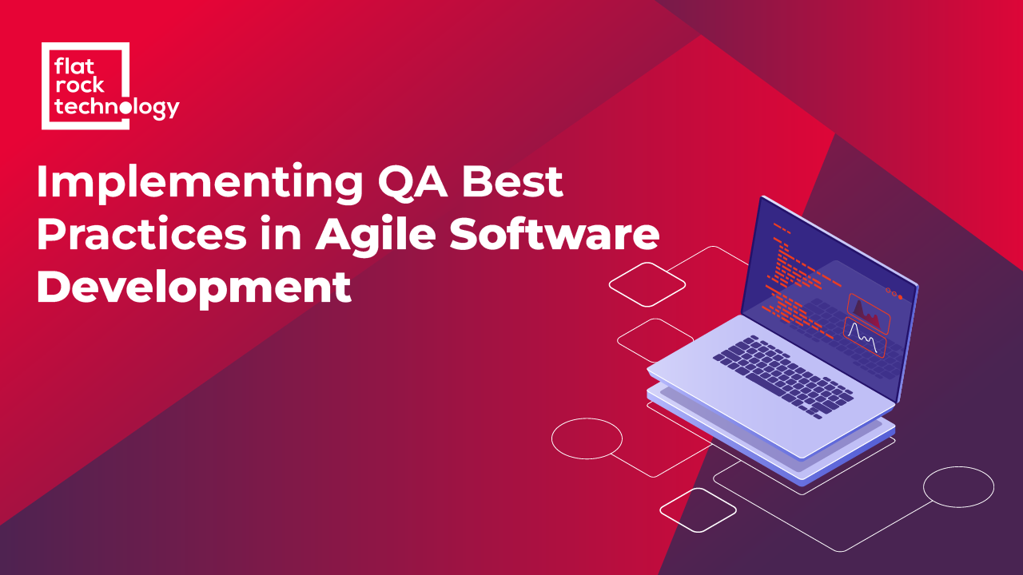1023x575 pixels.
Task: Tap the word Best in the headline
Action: click(523, 183)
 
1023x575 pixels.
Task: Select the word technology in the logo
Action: click(116, 106)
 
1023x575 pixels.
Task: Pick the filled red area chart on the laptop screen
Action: click(868, 314)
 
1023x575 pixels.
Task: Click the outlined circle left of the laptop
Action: click(587, 438)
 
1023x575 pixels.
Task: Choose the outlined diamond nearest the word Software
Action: click(647, 280)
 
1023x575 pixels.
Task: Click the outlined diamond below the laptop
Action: click(697, 510)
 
